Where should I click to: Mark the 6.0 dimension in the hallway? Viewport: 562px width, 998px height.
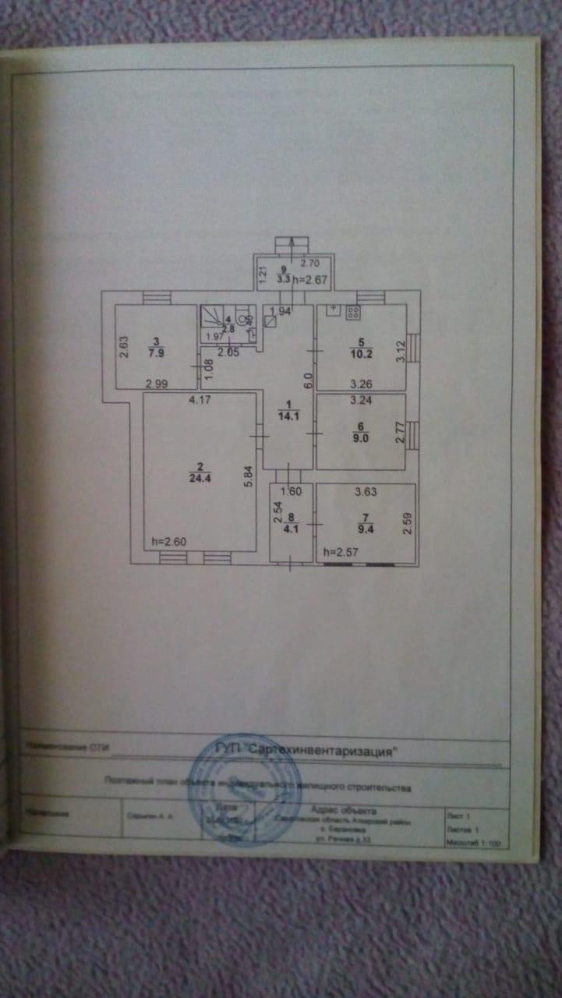click(307, 381)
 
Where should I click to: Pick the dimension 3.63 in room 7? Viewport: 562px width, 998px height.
click(366, 491)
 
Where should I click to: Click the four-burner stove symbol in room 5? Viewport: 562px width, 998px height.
click(352, 313)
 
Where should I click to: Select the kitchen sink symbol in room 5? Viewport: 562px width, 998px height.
click(332, 311)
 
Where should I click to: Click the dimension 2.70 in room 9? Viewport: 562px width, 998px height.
click(310, 263)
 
